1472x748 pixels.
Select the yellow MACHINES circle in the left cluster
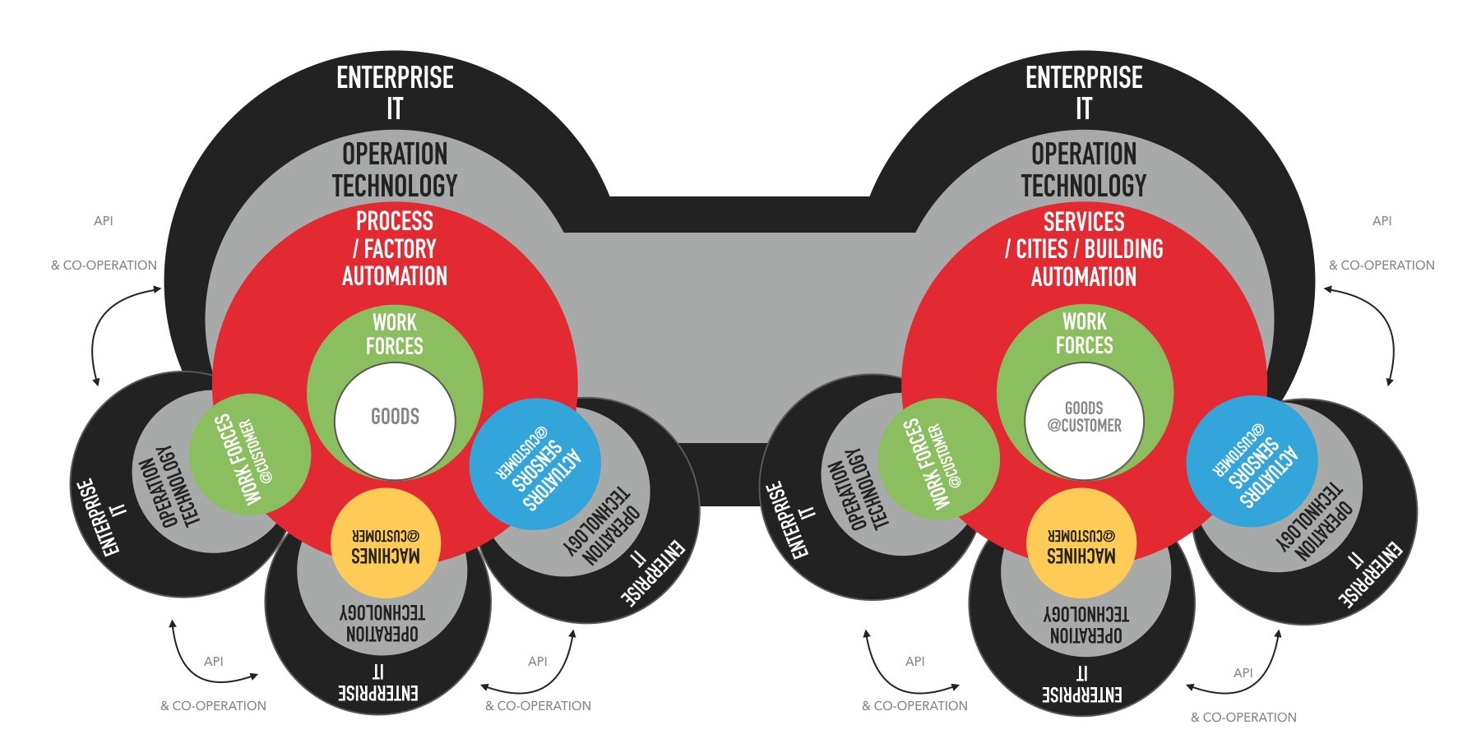click(x=386, y=543)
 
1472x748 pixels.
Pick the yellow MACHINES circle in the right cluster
click(x=1081, y=543)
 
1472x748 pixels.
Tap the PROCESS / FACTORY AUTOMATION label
click(x=395, y=248)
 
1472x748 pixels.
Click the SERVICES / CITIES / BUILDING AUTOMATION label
click(x=1084, y=249)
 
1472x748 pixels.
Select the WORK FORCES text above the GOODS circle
click(x=395, y=334)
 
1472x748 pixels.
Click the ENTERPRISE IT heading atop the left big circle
click(x=395, y=92)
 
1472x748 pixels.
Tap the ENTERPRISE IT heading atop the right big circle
click(x=1084, y=92)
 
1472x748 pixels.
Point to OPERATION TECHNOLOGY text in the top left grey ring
click(x=395, y=169)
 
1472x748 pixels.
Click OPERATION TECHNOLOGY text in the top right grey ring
click(x=1084, y=169)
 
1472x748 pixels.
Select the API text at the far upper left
click(x=104, y=220)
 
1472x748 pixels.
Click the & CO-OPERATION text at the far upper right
click(x=1382, y=265)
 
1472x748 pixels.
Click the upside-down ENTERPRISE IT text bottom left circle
click(x=378, y=682)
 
